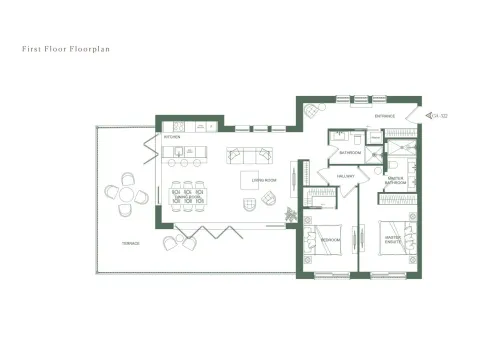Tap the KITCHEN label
click(x=172, y=137)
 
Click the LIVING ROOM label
click(x=265, y=180)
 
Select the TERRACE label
click(x=130, y=243)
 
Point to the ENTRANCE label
click(x=385, y=116)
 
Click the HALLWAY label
click(x=346, y=176)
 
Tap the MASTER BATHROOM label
click(x=396, y=181)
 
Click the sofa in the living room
click(x=250, y=155)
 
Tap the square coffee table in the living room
click(x=250, y=181)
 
